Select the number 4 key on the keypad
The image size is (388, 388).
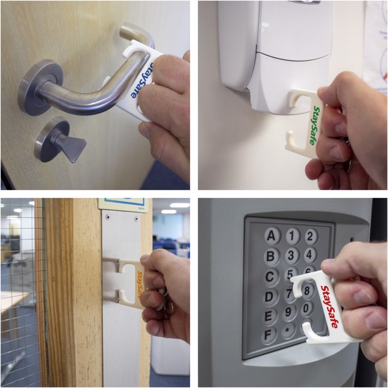[x=311, y=255]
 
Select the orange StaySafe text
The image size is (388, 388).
[x=139, y=285]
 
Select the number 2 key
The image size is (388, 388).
[x=311, y=236]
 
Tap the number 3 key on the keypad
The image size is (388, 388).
[x=292, y=256]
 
